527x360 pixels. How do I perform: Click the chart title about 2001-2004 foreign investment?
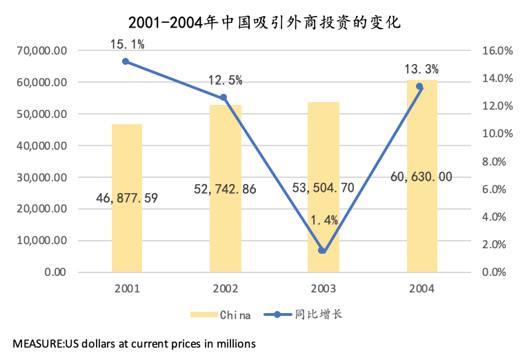[x=264, y=23]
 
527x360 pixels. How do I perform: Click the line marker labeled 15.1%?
[x=126, y=61]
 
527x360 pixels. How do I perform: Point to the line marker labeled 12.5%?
[x=223, y=97]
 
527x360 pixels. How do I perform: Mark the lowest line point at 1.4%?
[x=322, y=250]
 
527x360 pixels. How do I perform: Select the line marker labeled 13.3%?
[x=419, y=86]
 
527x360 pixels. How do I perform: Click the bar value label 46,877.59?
[x=126, y=199]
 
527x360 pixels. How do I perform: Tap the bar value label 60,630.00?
[x=421, y=177]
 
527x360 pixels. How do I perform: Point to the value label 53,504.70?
[x=323, y=188]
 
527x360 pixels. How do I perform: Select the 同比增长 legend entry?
[x=318, y=315]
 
